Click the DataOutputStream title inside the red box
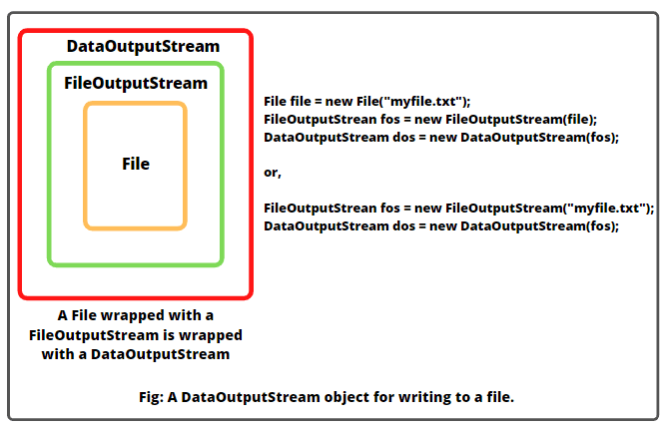[x=143, y=46]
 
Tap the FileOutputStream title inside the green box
[x=135, y=83]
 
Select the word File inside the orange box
[x=135, y=164]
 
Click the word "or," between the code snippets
[x=273, y=173]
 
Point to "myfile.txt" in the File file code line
[x=427, y=101]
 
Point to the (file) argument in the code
[x=577, y=119]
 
